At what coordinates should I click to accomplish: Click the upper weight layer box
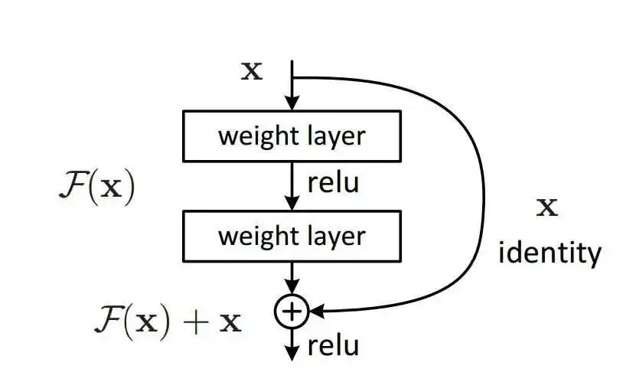click(x=292, y=136)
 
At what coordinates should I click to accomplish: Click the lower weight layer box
click(x=292, y=236)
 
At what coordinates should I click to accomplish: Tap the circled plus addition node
click(x=291, y=310)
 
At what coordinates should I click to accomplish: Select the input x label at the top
click(x=252, y=72)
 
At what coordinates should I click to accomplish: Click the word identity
click(x=550, y=253)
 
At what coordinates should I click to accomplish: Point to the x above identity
click(x=547, y=207)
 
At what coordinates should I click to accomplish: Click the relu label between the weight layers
click(x=333, y=184)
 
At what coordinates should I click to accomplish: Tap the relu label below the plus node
click(x=333, y=347)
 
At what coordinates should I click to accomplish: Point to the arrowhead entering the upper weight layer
click(x=292, y=104)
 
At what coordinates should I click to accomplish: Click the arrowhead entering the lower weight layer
click(x=292, y=204)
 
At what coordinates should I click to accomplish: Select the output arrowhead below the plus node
click(x=292, y=353)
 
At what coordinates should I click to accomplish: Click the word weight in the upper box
click(x=253, y=137)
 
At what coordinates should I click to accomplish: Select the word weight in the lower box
click(x=253, y=236)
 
